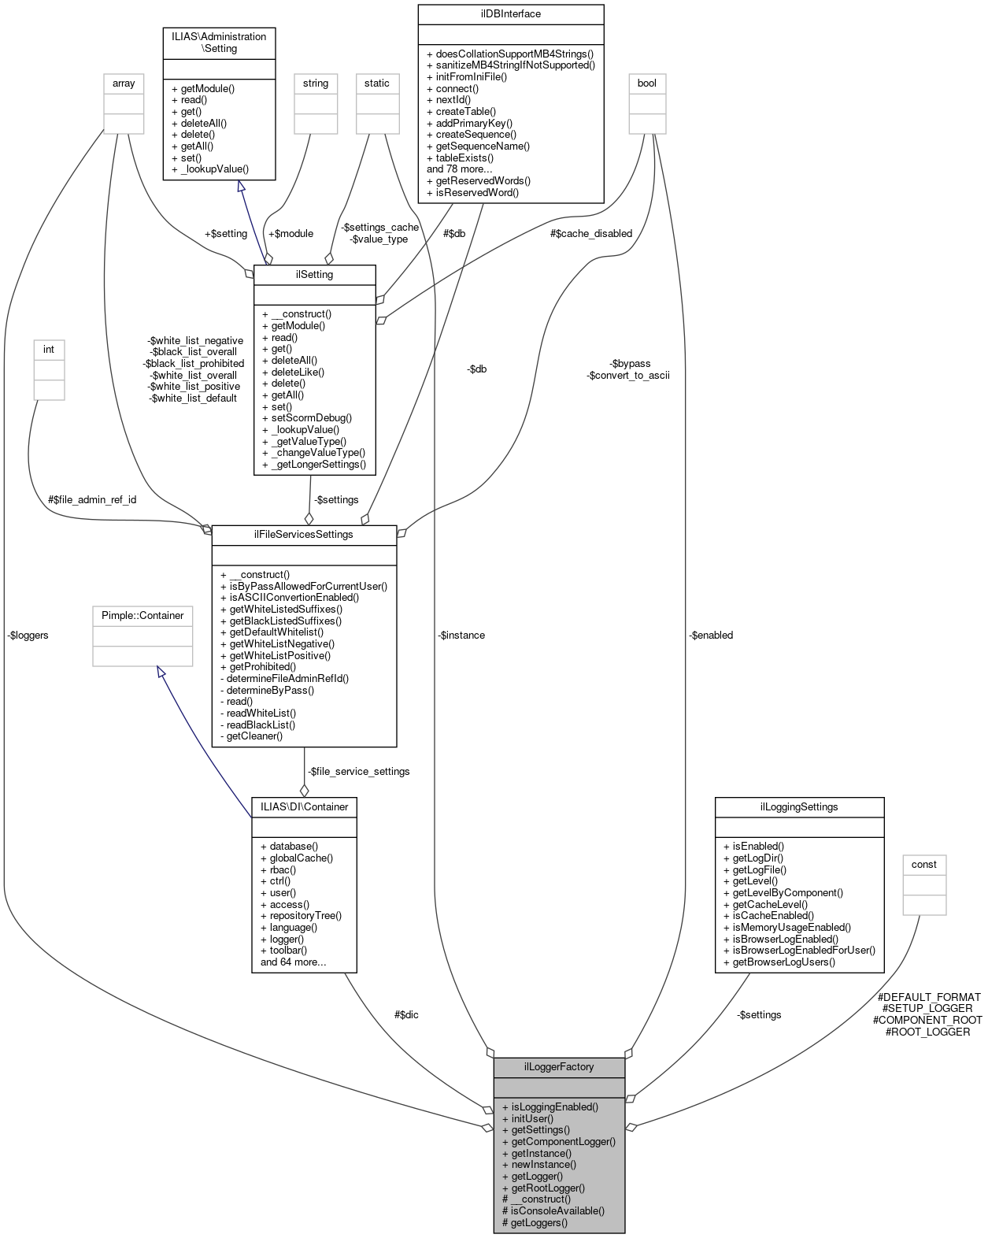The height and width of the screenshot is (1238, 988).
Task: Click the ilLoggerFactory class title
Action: coord(559,1067)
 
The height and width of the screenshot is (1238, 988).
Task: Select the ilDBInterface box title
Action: coord(511,14)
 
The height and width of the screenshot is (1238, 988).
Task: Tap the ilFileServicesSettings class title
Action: coord(304,535)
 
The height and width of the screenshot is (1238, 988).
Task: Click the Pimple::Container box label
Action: coord(142,616)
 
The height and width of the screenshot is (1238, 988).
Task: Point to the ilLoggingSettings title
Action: coord(799,807)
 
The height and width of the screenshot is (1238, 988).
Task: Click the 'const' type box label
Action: coord(924,865)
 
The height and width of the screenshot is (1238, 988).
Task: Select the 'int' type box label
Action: coord(49,350)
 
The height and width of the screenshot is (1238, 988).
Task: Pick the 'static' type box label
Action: coord(377,83)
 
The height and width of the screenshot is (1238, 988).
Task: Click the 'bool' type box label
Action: coord(647,83)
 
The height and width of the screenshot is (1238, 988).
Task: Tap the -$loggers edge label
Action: coord(28,636)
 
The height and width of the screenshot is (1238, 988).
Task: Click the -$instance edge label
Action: coord(462,636)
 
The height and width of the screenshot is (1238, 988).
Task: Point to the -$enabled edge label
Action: coord(711,636)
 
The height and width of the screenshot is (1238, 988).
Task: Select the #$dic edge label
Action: coord(406,1015)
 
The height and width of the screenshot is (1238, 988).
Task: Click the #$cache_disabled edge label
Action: coord(591,234)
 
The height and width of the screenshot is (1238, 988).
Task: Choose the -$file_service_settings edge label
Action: coord(359,772)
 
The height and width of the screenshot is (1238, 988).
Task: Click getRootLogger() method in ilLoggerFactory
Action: coord(548,1188)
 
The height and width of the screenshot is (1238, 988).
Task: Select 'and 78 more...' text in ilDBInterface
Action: coord(460,169)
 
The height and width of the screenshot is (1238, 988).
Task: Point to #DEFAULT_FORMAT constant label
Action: coord(929,997)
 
